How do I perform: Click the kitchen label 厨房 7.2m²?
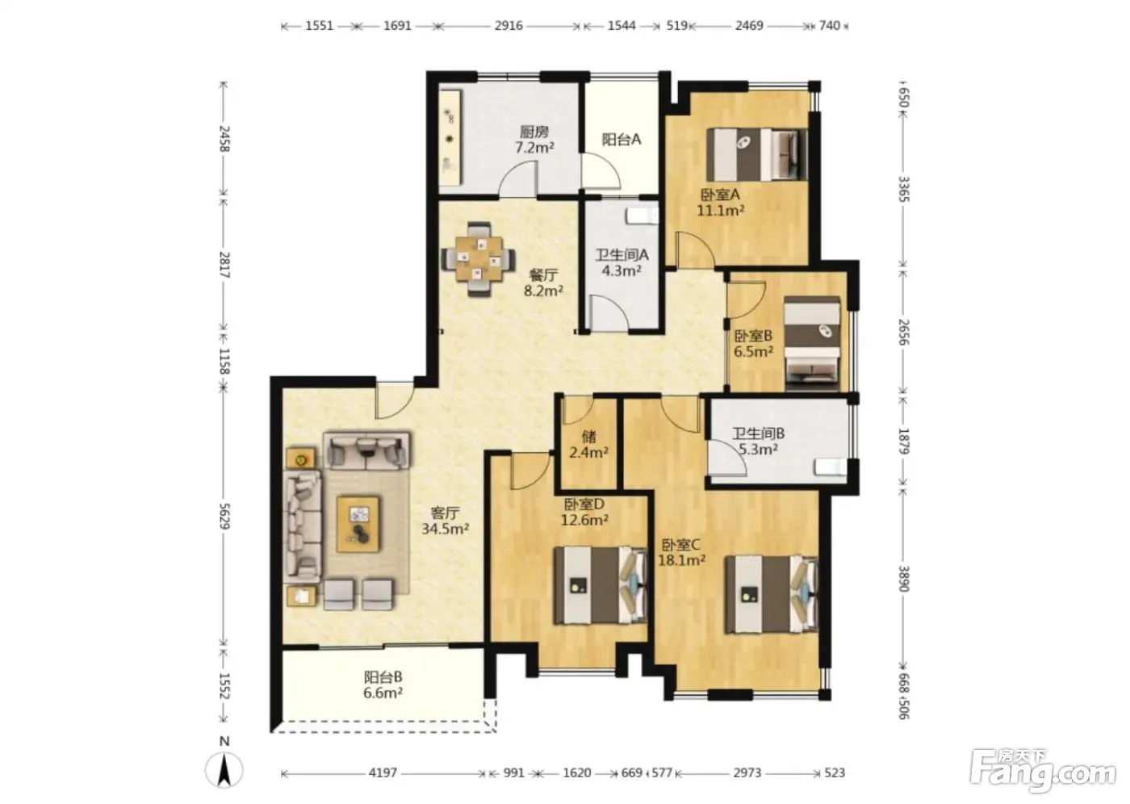point(534,140)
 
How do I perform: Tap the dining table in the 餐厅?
point(479,259)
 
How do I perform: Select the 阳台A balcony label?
point(621,139)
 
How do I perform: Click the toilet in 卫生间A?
point(642,216)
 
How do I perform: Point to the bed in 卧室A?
point(757,154)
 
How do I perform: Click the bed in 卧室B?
point(812,344)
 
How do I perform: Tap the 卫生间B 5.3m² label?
point(758,441)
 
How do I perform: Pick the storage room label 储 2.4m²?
point(588,444)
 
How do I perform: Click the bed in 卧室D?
point(601,585)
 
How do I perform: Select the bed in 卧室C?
point(772,595)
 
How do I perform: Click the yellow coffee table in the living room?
point(358,525)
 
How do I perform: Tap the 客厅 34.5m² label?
point(445,521)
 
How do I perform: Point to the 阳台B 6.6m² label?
point(383,685)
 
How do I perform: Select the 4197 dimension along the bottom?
point(383,773)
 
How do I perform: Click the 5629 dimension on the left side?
point(224,516)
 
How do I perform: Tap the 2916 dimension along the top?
point(508,25)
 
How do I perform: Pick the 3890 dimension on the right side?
point(903,579)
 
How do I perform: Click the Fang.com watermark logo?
point(1042,773)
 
